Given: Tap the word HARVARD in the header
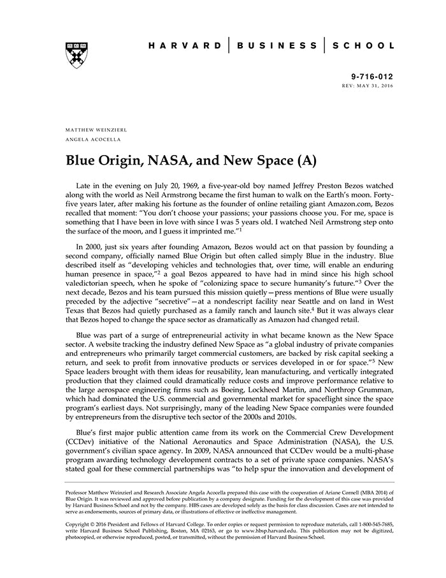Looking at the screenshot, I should [185, 46].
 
